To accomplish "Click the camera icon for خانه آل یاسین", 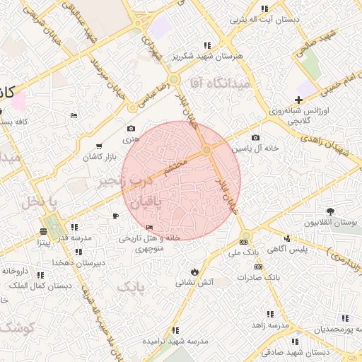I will [255, 138].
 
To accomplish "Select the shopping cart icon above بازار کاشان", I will [98, 146].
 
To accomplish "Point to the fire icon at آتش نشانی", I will [194, 271].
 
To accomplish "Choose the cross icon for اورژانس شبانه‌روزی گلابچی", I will [300, 101].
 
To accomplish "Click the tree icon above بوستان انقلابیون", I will [330, 211].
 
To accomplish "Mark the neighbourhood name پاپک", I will [129, 286].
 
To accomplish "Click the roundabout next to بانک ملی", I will [245, 236].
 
